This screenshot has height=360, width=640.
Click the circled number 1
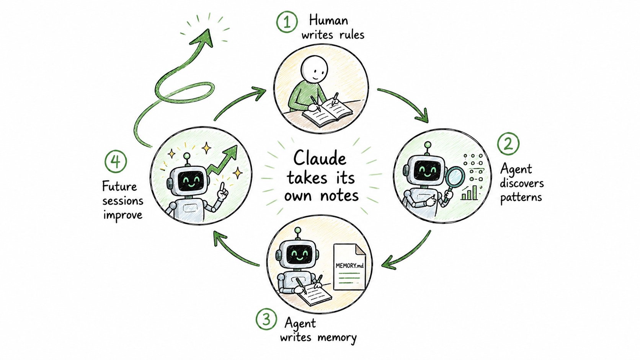pyautogui.click(x=287, y=21)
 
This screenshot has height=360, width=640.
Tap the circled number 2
pyautogui.click(x=508, y=143)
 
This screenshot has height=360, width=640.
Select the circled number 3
pyautogui.click(x=266, y=319)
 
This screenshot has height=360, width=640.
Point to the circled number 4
pyautogui.click(x=116, y=161)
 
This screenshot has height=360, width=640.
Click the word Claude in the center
pyautogui.click(x=320, y=158)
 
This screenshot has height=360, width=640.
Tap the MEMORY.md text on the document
pyautogui.click(x=349, y=266)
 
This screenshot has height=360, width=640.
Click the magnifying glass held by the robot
pyautogui.click(x=454, y=180)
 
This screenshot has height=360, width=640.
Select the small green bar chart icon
pyautogui.click(x=470, y=193)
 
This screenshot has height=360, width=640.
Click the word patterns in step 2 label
pyautogui.click(x=521, y=197)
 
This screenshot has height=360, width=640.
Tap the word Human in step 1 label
pyautogui.click(x=328, y=21)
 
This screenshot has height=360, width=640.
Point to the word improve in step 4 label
pyautogui.click(x=123, y=215)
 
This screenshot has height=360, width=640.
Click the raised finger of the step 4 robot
pyautogui.click(x=224, y=188)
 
